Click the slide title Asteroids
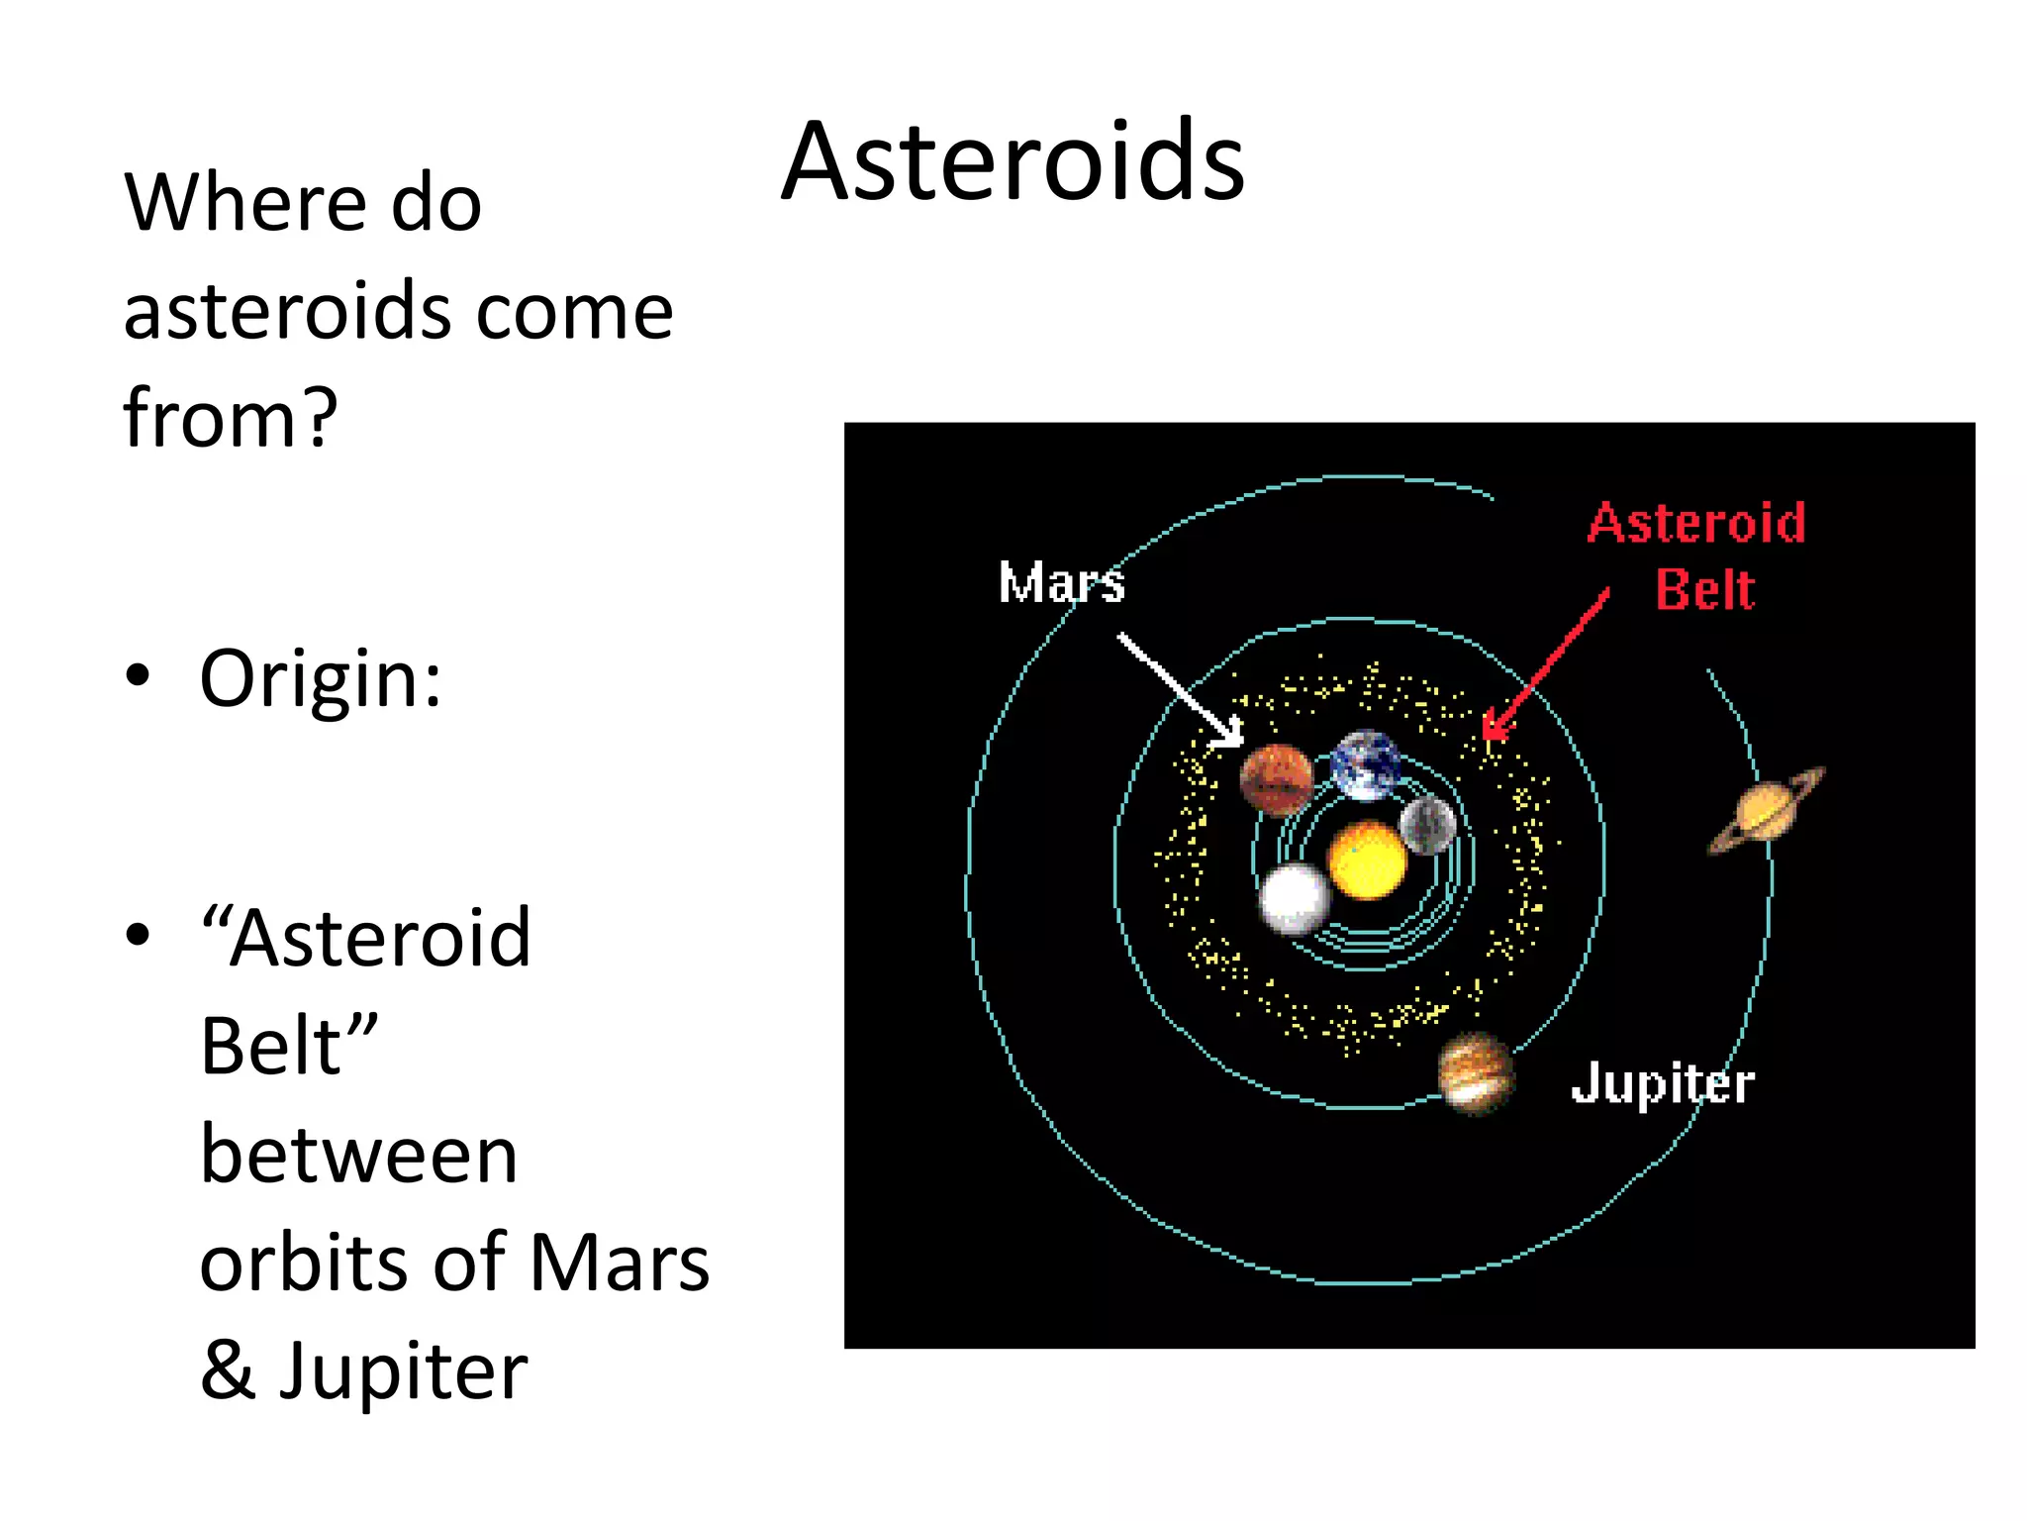coord(1013,161)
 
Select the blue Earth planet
coord(1366,765)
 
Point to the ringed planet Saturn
coord(1767,810)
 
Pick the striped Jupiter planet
coord(1476,1073)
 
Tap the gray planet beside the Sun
coord(1428,825)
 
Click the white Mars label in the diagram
coord(1061,582)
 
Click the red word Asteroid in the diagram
coord(1696,523)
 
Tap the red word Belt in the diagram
coord(1704,590)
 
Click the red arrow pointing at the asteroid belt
coord(1547,663)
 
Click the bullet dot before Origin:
coord(139,676)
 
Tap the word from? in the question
coord(231,419)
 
